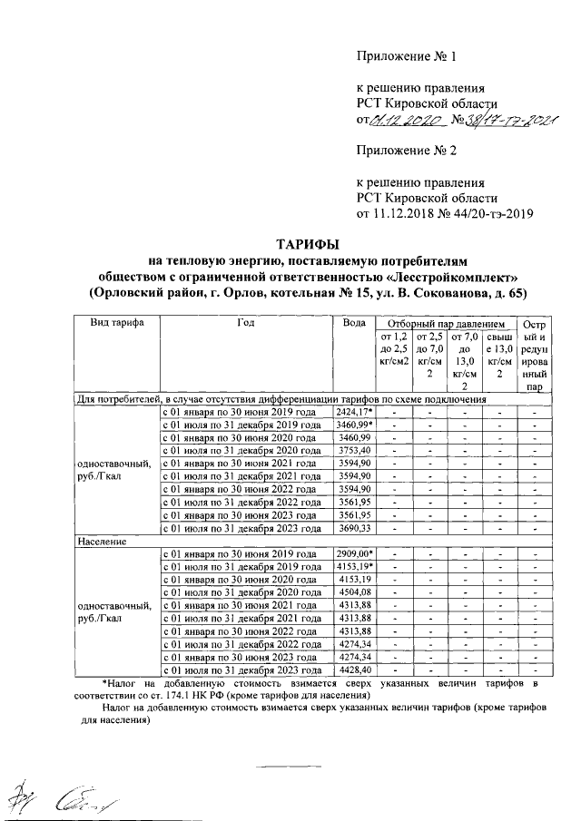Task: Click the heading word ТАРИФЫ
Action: [x=306, y=244]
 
